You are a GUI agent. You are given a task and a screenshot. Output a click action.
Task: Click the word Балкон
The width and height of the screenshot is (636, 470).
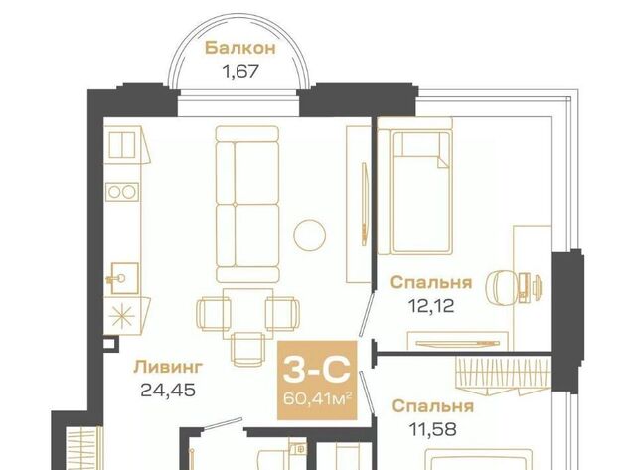tap(240, 48)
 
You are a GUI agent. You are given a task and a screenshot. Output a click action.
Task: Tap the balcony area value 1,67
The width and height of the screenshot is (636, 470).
tap(240, 72)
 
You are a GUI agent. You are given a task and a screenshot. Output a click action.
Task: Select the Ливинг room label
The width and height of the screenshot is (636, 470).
tap(168, 367)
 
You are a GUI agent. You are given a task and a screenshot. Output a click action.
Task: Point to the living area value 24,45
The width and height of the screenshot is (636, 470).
tap(168, 391)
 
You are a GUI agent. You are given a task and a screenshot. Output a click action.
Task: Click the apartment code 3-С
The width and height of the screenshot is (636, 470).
tap(317, 370)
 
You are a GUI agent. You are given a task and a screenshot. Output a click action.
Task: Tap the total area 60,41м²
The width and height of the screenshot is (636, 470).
tap(317, 398)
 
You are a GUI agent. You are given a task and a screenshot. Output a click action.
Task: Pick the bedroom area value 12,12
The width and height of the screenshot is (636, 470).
tap(430, 305)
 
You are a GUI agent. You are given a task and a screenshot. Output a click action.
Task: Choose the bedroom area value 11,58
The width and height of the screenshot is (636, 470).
tap(433, 429)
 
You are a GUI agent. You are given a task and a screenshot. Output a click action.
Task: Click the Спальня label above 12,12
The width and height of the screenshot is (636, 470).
tap(430, 282)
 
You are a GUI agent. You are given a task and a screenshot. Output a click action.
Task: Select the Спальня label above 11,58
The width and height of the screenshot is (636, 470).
tap(433, 406)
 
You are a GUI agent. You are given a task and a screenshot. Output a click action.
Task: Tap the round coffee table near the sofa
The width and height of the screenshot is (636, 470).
tap(309, 235)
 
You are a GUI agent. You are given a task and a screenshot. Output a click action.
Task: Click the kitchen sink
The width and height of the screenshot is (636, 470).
tap(122, 278)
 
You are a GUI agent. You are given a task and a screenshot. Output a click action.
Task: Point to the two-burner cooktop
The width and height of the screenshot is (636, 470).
tap(122, 192)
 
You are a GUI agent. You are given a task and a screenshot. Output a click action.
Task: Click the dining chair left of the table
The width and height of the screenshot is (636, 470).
tap(214, 313)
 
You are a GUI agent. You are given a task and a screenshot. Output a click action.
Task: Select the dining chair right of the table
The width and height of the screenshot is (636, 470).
tap(282, 313)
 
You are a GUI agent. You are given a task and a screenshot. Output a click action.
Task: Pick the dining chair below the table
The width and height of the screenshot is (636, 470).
tap(247, 350)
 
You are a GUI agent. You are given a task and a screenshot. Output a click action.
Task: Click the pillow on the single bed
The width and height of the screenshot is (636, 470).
tap(420, 145)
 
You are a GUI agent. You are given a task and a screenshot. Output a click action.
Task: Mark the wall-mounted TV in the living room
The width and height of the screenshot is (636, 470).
tap(365, 204)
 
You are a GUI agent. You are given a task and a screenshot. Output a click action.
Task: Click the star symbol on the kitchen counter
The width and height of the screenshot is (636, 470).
tap(122, 316)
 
